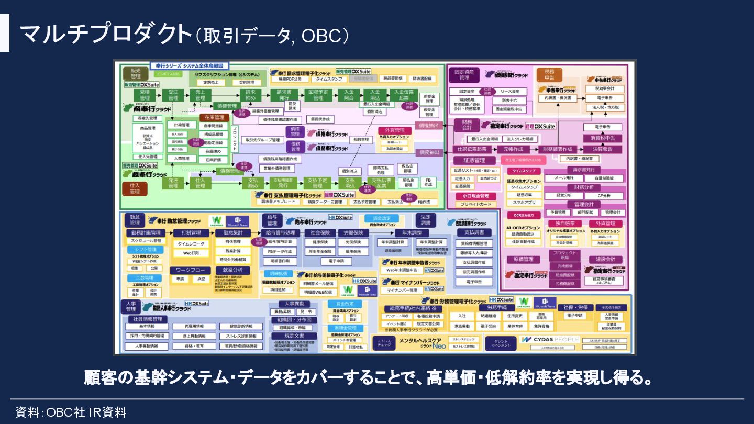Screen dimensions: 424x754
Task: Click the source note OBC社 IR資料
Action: [71, 412]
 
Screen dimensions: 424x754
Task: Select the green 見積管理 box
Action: [145, 95]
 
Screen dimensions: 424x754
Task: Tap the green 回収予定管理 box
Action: [318, 95]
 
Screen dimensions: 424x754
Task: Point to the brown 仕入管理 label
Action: [135, 188]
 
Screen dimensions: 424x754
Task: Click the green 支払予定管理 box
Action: [317, 183]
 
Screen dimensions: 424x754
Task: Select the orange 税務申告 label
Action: [549, 74]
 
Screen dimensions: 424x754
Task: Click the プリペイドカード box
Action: [476, 204]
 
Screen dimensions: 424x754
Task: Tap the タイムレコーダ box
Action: [191, 244]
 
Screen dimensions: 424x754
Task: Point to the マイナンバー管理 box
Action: [402, 290]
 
